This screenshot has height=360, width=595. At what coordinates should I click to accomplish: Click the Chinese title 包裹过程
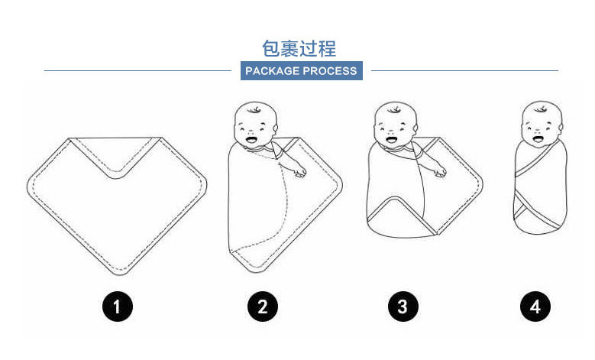(299, 49)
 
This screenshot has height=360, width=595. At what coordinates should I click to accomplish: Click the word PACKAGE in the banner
(271, 71)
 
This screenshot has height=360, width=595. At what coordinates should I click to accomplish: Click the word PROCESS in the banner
(329, 71)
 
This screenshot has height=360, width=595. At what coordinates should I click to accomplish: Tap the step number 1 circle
(118, 307)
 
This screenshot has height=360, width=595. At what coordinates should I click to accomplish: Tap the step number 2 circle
(263, 307)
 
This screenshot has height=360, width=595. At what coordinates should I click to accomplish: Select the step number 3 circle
(403, 307)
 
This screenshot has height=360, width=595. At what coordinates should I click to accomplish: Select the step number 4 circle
(535, 307)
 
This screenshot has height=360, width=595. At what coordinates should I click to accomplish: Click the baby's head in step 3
(394, 127)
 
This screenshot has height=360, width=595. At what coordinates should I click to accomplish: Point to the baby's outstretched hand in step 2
(300, 170)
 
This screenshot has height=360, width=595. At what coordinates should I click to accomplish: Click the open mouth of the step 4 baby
(538, 141)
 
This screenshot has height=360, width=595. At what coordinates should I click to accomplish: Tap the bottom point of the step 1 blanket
(118, 271)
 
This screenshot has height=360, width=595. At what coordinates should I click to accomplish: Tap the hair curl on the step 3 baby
(396, 109)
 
